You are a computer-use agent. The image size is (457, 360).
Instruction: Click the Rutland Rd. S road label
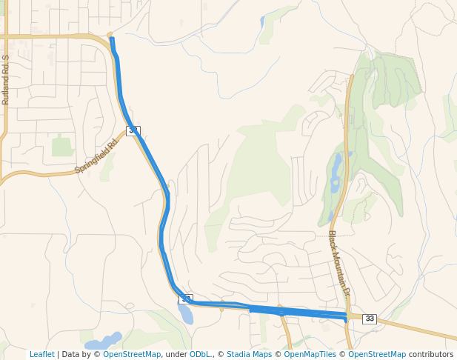coord(6,80)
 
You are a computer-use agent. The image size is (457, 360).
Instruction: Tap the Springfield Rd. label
coord(96,157)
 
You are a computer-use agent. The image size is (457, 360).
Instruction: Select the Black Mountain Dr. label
coord(338,264)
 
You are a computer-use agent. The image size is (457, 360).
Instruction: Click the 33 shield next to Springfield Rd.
coord(133,130)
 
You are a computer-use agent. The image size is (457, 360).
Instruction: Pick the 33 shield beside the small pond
coord(186,299)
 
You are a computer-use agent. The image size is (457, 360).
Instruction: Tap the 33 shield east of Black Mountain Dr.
coord(370,319)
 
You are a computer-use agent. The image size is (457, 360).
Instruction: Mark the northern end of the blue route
coord(112,39)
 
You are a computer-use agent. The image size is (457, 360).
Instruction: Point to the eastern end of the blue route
coord(346,318)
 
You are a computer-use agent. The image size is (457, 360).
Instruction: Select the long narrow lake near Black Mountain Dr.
coord(336,173)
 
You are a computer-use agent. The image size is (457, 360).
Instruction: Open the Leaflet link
coord(42,354)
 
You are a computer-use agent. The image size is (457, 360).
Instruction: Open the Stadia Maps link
coord(249,354)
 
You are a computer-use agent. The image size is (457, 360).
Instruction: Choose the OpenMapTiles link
coord(310,354)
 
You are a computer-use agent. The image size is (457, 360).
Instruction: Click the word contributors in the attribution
coord(431,354)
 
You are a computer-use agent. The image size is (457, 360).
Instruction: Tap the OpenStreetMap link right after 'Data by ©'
coord(132,354)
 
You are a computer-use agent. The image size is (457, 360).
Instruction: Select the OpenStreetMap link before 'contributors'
coord(377,354)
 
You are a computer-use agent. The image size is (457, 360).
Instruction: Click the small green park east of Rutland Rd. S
coord(62,147)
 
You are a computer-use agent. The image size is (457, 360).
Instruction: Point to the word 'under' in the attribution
coord(176,354)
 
